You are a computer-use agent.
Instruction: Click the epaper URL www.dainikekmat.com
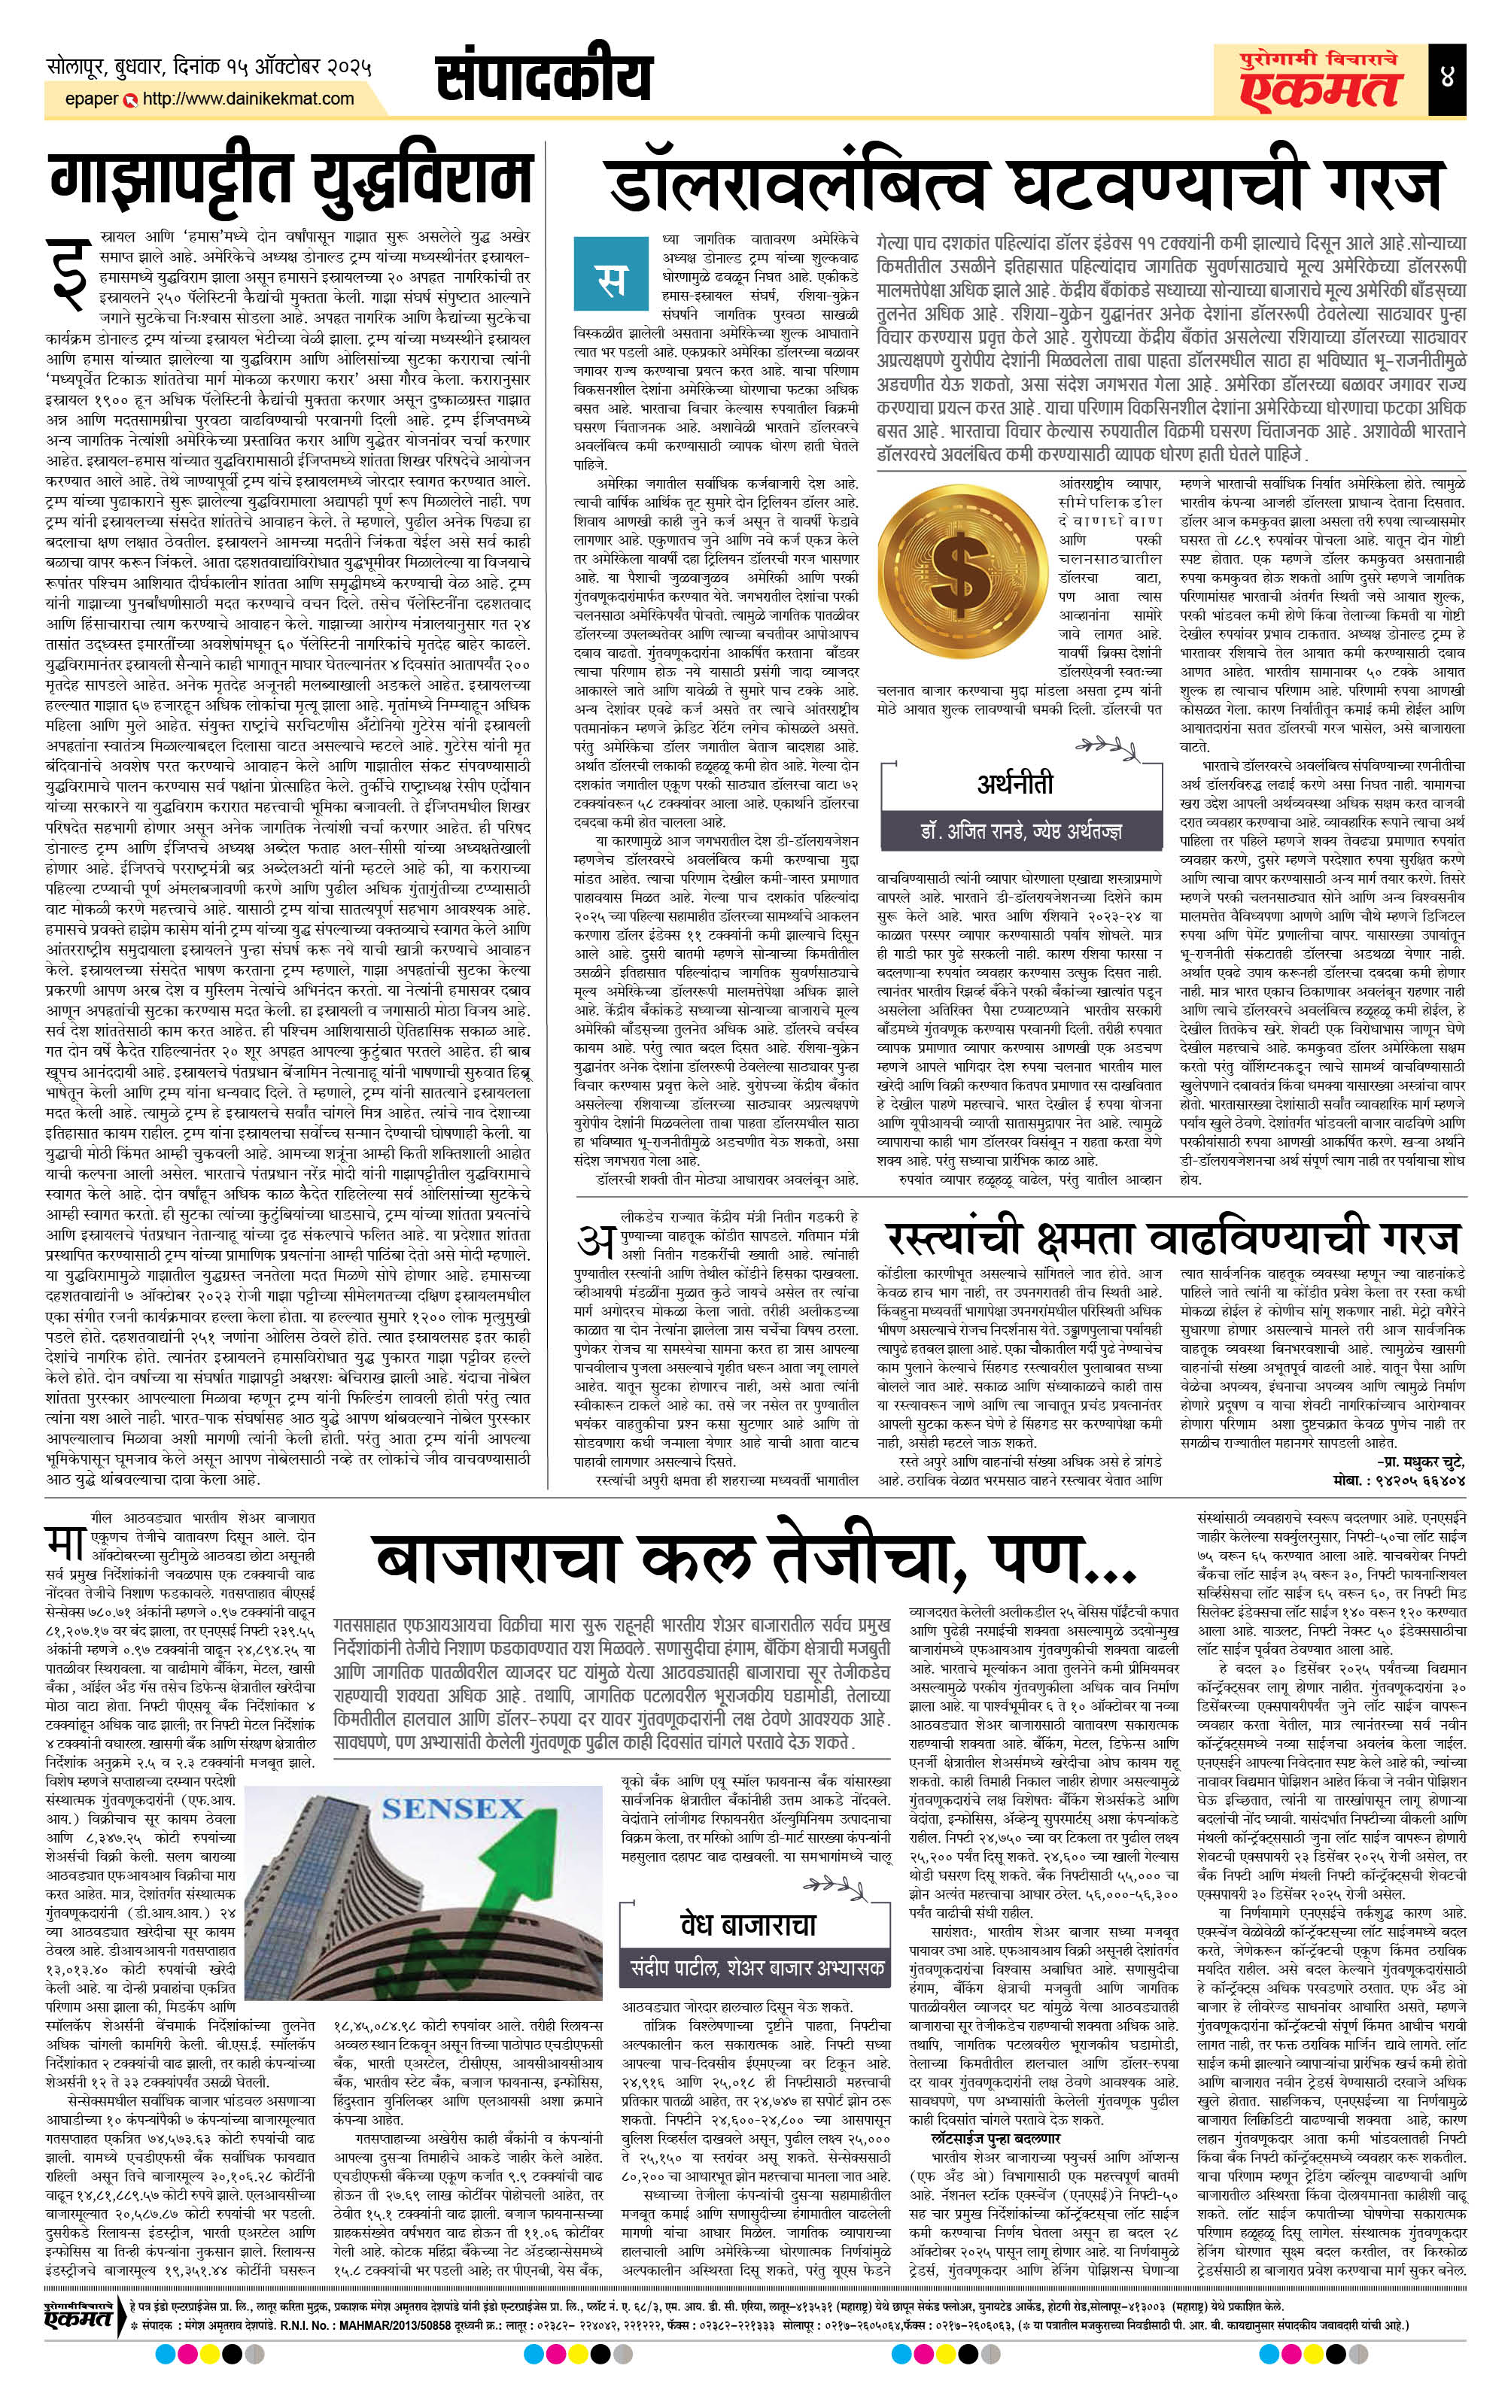point(249,99)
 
